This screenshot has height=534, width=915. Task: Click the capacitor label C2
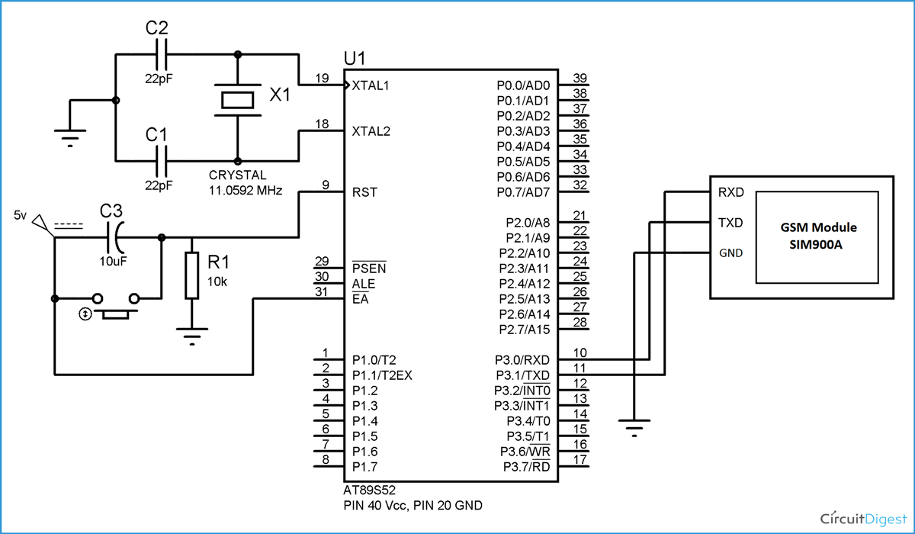click(156, 29)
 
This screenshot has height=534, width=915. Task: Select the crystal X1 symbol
click(237, 99)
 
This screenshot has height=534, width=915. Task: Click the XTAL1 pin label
click(371, 85)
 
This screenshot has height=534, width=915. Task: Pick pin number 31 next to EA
click(322, 291)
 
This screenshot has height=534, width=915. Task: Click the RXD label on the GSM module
click(730, 192)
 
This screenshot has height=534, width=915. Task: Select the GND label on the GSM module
click(730, 253)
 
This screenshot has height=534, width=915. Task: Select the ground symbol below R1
click(191, 333)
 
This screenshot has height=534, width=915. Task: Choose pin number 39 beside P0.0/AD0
click(579, 78)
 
